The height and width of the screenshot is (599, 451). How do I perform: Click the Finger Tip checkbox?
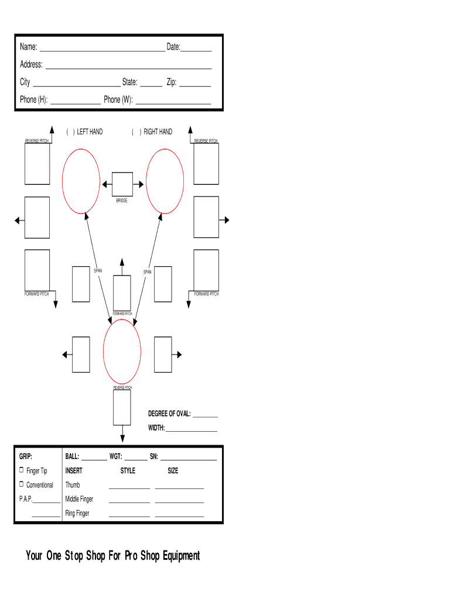click(x=22, y=470)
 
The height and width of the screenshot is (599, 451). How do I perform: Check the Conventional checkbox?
click(x=22, y=484)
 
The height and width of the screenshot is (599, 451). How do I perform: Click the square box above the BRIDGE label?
click(x=122, y=184)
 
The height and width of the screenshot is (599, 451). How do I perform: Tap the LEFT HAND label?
click(x=90, y=132)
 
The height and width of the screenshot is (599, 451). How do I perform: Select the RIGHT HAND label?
click(x=158, y=132)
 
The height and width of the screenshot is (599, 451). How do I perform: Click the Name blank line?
click(x=102, y=51)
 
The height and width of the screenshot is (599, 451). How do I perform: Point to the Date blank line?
click(x=196, y=51)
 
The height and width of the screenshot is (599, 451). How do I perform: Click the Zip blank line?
click(x=195, y=87)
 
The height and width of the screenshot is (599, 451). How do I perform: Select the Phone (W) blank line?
click(x=173, y=104)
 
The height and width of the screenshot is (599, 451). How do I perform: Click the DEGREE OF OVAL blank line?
click(x=205, y=416)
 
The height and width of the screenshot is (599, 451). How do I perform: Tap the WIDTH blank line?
click(x=192, y=431)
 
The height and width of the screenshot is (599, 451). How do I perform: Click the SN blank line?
click(x=189, y=460)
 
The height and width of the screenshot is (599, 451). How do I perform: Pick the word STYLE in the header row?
click(x=128, y=471)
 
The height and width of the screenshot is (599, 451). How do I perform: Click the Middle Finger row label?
click(x=79, y=499)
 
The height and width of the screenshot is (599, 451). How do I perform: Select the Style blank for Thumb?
click(x=129, y=488)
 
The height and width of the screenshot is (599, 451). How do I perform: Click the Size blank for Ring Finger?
click(x=179, y=517)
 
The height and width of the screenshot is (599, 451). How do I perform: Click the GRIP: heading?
click(x=26, y=456)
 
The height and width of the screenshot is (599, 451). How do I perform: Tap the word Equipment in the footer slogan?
click(x=182, y=556)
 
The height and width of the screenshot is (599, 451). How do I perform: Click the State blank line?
click(x=151, y=87)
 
